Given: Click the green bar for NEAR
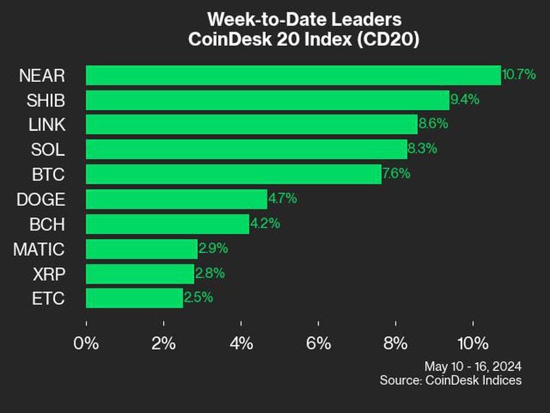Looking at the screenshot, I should (293, 75).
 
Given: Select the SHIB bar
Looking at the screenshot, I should (267, 100).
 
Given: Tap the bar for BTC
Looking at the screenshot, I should (233, 174).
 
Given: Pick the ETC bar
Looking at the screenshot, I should (135, 298).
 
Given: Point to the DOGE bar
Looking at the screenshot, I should (177, 199).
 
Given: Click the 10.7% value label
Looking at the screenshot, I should (519, 74).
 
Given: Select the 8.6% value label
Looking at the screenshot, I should (433, 124).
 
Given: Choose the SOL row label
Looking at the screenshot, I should (49, 149).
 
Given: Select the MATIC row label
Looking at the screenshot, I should (38, 248).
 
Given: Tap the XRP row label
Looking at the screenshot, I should (49, 273).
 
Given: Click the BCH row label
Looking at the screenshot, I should (48, 224).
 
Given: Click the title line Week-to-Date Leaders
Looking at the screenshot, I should (304, 19).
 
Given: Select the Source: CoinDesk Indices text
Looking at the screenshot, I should (450, 380).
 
